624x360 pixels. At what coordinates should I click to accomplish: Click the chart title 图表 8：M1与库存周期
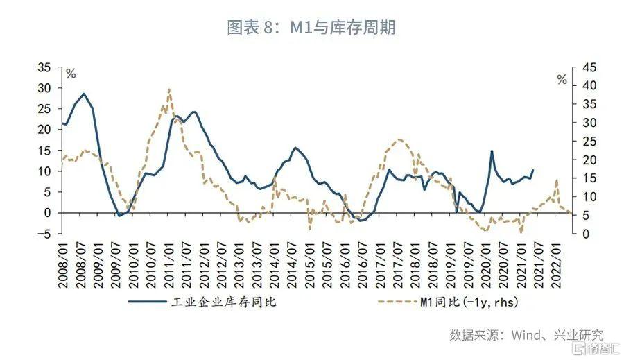(x=311, y=28)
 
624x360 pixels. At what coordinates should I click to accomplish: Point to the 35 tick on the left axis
(x=45, y=67)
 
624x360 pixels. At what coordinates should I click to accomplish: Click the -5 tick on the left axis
(x=45, y=234)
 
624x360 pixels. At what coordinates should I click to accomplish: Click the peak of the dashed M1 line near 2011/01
(x=169, y=89)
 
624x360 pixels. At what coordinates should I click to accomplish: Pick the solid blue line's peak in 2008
(x=84, y=94)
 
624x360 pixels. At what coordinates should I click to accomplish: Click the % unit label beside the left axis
(x=71, y=72)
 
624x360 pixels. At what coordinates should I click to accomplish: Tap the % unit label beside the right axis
(x=562, y=80)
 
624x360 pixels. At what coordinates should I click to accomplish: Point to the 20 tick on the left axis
(x=45, y=130)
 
